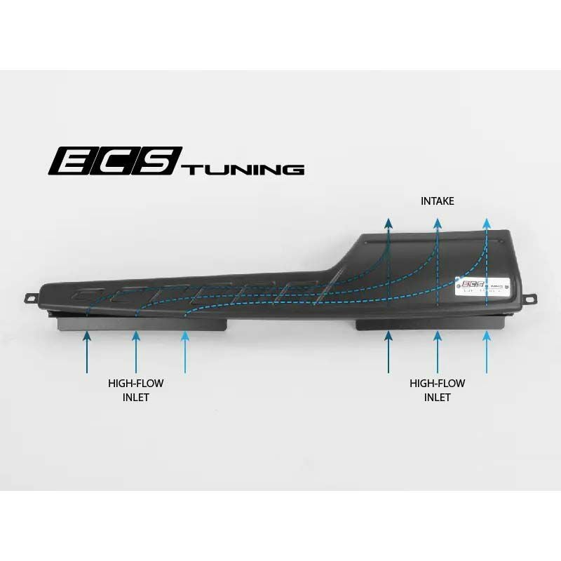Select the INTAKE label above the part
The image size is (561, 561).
pos(437,201)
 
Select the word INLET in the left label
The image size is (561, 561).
pos(136,397)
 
